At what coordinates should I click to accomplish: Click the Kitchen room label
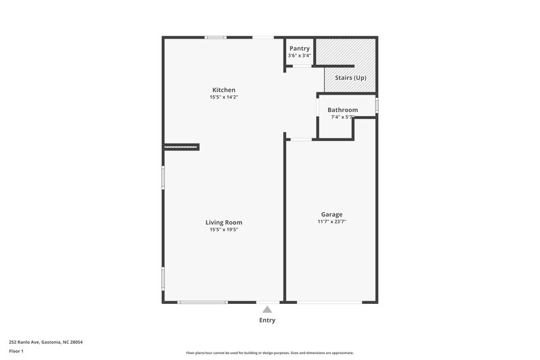tap(223, 90)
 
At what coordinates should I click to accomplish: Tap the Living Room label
tap(223, 222)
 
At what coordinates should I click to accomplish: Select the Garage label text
tap(331, 214)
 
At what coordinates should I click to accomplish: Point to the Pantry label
tap(299, 49)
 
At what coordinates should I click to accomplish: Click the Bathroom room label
tap(342, 109)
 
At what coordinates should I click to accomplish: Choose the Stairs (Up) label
tap(350, 78)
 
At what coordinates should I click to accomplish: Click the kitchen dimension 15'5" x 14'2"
tap(223, 97)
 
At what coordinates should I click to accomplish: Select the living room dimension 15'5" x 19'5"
tap(223, 230)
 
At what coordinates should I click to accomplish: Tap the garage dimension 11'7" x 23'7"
tap(331, 222)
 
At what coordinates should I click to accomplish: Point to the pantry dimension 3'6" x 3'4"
tap(299, 55)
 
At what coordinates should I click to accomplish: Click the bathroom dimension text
tap(342, 117)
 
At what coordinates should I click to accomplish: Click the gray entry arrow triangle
tap(267, 309)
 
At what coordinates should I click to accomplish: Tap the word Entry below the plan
tap(267, 320)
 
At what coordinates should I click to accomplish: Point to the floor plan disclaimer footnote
tap(269, 353)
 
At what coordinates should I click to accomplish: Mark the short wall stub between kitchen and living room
tap(181, 146)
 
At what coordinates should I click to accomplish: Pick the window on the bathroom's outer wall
tap(377, 106)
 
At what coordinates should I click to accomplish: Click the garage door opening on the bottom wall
tap(331, 302)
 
